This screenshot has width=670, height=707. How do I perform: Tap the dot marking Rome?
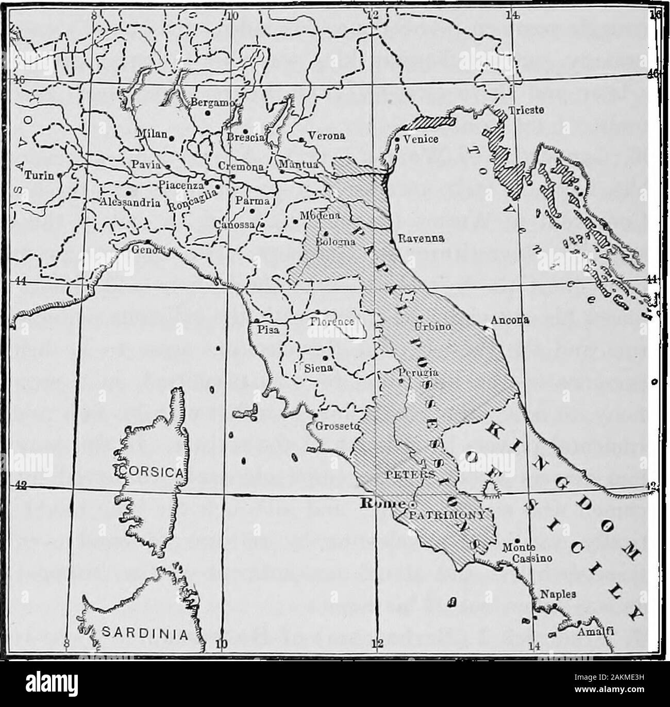tap(412, 503)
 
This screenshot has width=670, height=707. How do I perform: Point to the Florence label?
tap(332, 322)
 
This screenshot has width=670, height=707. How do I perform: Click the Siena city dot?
tap(325, 358)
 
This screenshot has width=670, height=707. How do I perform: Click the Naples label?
tap(554, 594)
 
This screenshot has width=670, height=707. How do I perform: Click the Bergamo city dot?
tap(207, 113)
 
